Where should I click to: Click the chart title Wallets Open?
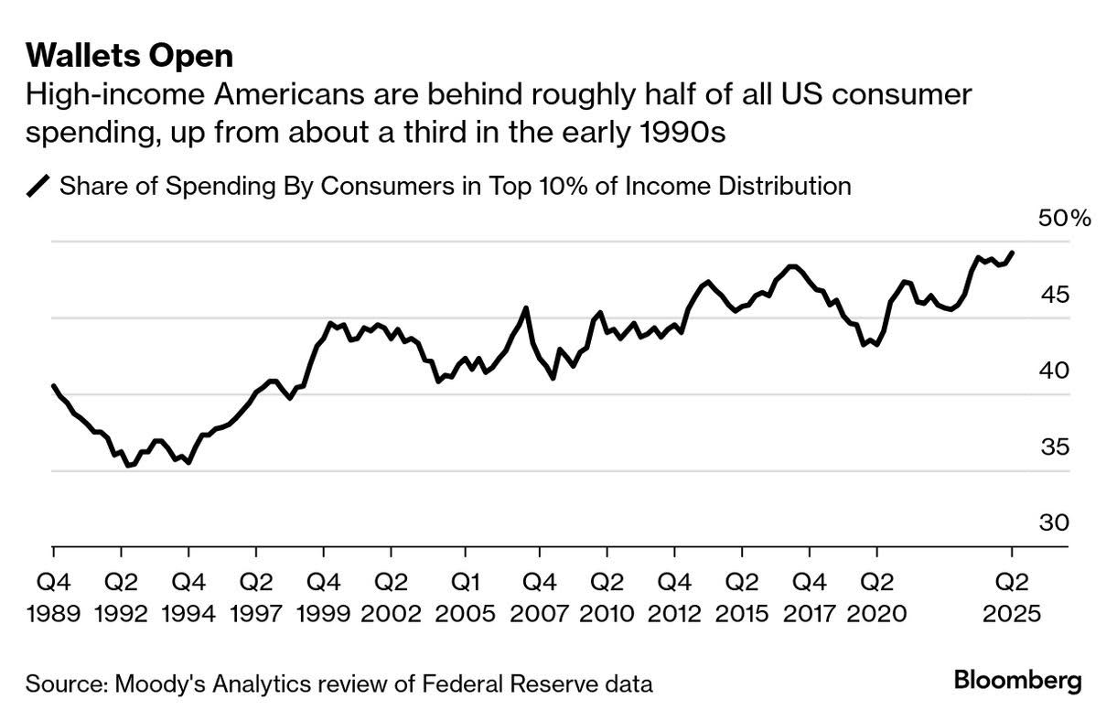point(129,56)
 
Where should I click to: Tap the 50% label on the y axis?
point(1064,219)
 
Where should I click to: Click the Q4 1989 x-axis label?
point(53,597)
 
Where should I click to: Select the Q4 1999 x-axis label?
point(323,597)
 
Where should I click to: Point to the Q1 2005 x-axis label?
point(465,597)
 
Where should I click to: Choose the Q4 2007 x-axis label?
point(539,597)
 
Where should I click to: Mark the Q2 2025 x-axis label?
point(1011,597)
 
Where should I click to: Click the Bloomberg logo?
point(1017,681)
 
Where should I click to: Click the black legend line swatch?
point(39,186)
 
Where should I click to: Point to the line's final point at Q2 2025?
point(1012,253)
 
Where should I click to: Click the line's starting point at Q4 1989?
point(53,386)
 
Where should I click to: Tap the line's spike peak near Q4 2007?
point(525,308)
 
